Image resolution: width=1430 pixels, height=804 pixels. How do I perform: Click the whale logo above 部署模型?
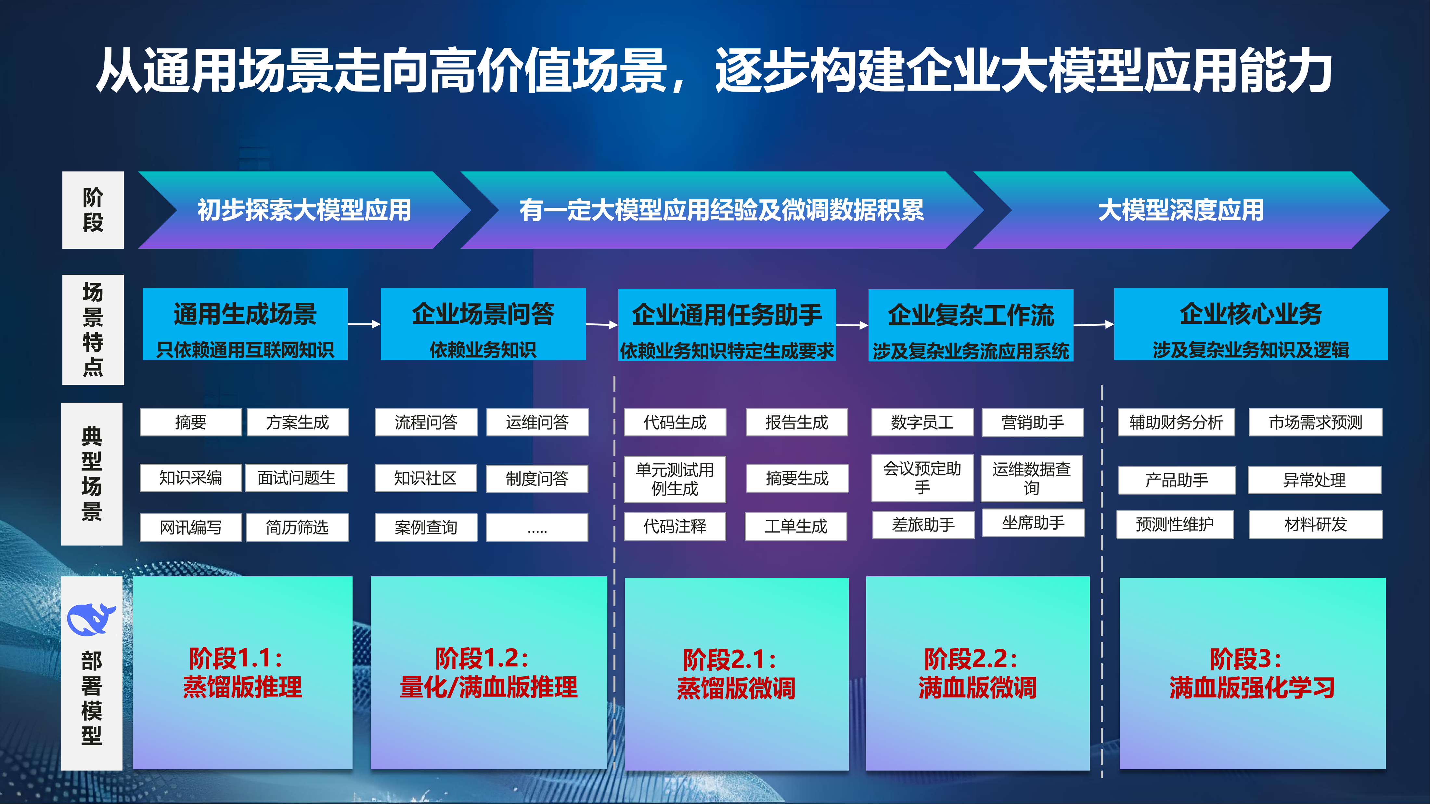coord(90,619)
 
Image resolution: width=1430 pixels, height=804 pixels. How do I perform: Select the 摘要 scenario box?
coord(190,422)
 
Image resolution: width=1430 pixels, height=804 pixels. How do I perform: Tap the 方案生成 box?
coord(298,422)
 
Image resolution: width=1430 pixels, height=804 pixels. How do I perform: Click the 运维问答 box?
coord(537,422)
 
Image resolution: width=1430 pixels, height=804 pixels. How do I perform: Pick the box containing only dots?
coord(537,527)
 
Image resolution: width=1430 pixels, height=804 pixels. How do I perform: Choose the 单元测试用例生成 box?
coord(675,479)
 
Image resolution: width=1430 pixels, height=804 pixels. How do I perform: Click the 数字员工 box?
coord(922,422)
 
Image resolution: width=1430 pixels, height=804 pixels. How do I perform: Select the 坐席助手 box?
coord(1033,523)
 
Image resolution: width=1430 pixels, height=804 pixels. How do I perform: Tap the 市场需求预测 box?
coord(1315,422)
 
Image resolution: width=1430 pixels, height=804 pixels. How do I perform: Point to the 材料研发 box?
coord(1315,524)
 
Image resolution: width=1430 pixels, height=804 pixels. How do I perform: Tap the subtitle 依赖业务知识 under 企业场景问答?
coord(483,350)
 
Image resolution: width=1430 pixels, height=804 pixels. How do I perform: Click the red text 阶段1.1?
coord(236,659)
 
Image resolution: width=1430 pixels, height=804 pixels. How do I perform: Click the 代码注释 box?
coord(675,526)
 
